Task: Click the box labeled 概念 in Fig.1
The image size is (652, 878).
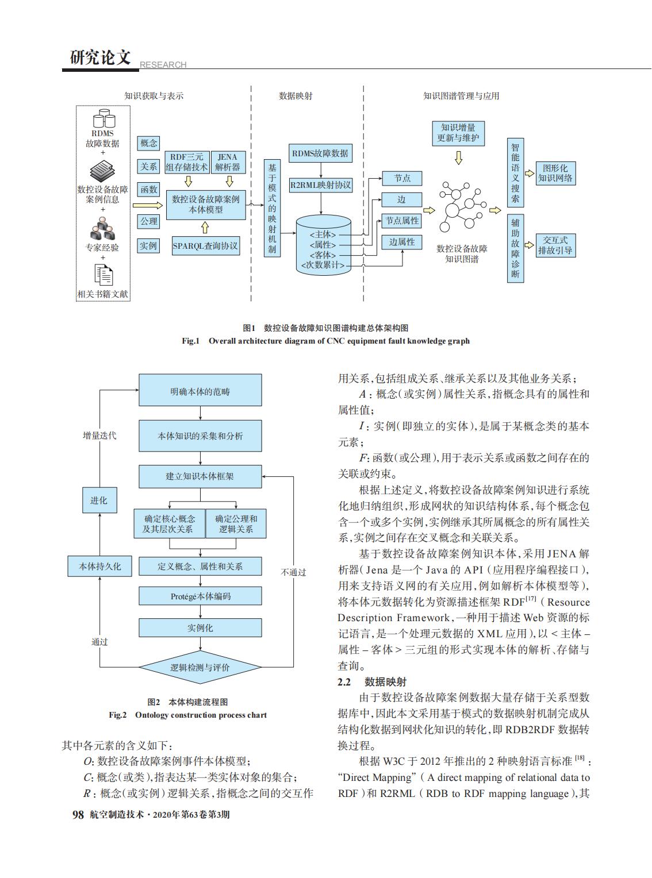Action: coord(148,143)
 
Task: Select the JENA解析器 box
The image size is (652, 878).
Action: coord(228,162)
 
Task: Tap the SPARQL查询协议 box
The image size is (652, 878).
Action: coord(206,246)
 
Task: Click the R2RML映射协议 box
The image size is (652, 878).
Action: coord(320,185)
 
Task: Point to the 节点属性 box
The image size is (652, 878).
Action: coord(402,221)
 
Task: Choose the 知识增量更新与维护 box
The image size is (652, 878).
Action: coord(458,133)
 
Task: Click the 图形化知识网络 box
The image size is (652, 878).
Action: coord(555,174)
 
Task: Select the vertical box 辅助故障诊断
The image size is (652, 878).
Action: coord(515,248)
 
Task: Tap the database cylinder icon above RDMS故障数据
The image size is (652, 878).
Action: coord(104,118)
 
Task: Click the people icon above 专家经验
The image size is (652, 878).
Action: coord(102,229)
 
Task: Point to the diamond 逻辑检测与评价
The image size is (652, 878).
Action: coord(200,667)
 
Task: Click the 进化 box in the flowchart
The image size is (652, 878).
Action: coord(99,500)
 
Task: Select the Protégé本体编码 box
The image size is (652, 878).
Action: coord(200,596)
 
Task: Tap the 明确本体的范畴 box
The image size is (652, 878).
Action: coord(200,390)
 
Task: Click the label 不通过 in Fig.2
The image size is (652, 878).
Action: coord(293,572)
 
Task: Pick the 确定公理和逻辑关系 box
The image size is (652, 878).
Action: coord(236,523)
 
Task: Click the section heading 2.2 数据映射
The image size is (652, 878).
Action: coord(372,681)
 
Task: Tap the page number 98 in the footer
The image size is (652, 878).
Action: coord(78,814)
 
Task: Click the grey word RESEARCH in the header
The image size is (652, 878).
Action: coord(163,64)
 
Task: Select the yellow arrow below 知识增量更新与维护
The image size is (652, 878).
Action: coord(458,158)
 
